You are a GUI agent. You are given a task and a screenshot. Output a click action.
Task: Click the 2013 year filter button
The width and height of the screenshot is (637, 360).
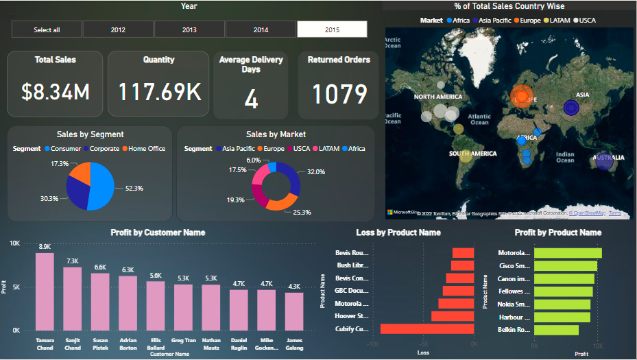pyautogui.click(x=189, y=29)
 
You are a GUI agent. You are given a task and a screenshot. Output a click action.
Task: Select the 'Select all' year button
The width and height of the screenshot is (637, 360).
pyautogui.click(x=47, y=29)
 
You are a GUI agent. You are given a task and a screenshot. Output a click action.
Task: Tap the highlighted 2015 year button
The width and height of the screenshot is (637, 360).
pyautogui.click(x=332, y=29)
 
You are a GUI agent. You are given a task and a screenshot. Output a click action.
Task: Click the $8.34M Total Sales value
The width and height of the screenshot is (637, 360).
pyautogui.click(x=55, y=92)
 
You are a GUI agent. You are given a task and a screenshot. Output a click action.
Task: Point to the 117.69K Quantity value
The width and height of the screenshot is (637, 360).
pyautogui.click(x=158, y=92)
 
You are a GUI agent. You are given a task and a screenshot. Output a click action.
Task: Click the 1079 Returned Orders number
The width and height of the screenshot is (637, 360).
pyautogui.click(x=339, y=94)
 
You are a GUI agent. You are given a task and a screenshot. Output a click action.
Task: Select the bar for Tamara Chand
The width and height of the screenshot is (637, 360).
pyautogui.click(x=45, y=291)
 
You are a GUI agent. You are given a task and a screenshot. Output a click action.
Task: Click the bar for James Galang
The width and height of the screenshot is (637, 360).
pyautogui.click(x=294, y=311)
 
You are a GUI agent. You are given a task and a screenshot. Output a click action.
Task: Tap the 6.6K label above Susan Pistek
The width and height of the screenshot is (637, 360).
pyautogui.click(x=100, y=267)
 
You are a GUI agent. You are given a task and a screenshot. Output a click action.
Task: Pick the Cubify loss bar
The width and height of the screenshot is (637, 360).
pyautogui.click(x=427, y=329)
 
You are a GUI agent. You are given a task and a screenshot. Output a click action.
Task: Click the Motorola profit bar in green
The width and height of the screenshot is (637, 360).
pyautogui.click(x=568, y=253)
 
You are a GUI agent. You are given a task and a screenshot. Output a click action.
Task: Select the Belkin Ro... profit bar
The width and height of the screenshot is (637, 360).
pyautogui.click(x=556, y=330)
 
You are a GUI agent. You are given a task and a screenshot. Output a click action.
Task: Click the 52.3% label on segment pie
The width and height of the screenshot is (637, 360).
pyautogui.click(x=134, y=188)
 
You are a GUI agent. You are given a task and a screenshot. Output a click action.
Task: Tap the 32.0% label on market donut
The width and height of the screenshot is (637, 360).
pyautogui.click(x=316, y=172)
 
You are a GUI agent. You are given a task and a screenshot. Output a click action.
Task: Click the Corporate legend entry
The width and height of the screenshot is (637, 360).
pyautogui.click(x=104, y=149)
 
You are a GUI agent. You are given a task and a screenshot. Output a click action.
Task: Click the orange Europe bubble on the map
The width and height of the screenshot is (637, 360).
pyautogui.click(x=522, y=97)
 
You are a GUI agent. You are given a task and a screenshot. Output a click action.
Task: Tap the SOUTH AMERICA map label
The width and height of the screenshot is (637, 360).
pyautogui.click(x=472, y=154)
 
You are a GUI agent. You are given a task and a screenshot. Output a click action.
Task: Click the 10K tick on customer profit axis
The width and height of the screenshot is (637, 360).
pyautogui.click(x=15, y=243)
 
